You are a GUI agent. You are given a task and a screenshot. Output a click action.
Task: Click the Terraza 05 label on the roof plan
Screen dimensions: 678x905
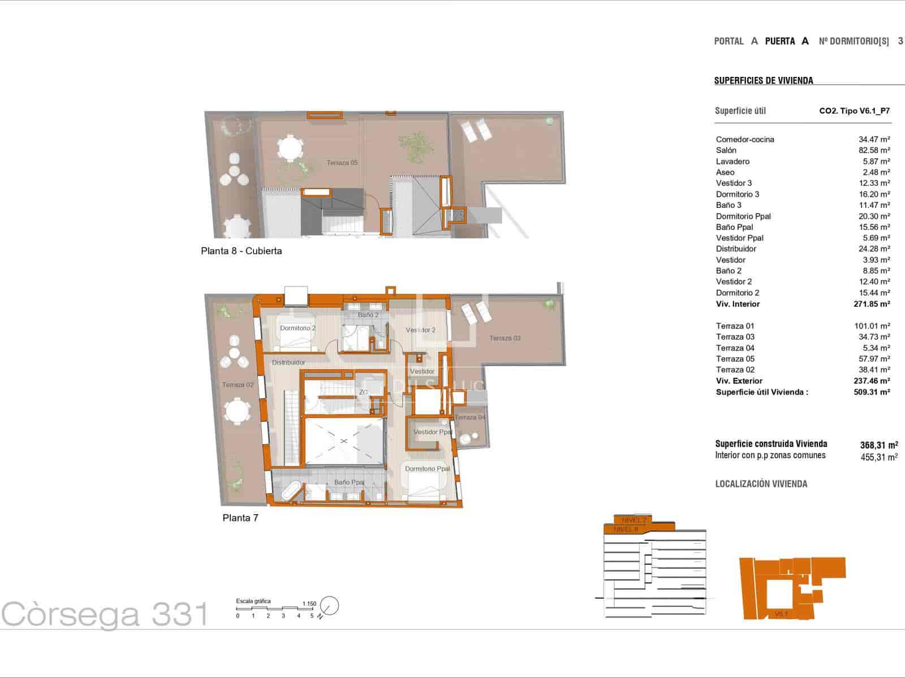tap(342, 163)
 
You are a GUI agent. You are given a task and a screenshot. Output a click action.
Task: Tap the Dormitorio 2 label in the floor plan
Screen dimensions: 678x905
tap(298, 328)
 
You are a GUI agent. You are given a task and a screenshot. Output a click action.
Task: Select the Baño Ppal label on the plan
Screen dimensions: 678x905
tap(349, 483)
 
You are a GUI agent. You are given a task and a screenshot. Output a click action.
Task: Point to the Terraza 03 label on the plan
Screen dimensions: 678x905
tap(505, 338)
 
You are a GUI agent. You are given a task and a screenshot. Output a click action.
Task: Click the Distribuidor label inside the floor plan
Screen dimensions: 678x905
tap(288, 363)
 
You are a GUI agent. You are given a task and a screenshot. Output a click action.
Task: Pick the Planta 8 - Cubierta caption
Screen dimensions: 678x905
tap(241, 251)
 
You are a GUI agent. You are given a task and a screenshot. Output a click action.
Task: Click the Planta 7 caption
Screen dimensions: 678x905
tap(240, 518)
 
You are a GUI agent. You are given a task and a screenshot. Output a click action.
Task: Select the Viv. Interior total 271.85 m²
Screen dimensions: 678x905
tap(872, 304)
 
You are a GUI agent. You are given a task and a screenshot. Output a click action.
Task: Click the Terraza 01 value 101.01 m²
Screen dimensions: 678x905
tap(872, 326)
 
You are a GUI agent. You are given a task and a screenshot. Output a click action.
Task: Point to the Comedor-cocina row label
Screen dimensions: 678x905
tap(745, 140)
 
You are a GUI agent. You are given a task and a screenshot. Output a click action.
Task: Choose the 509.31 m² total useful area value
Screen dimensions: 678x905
tap(872, 392)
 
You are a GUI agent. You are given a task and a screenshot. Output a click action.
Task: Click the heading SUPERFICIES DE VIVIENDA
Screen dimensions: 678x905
tap(764, 81)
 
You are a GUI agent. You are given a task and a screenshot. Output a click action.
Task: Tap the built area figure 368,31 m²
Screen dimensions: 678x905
tap(878, 445)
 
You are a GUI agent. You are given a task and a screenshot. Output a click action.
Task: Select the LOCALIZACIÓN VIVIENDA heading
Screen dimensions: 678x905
tap(761, 484)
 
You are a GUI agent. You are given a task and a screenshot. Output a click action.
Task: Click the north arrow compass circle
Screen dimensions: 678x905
tap(329, 606)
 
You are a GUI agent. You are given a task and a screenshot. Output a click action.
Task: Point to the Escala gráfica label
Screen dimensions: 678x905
tap(253, 601)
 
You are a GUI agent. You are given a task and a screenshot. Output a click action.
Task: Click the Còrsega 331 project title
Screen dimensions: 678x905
tap(105, 614)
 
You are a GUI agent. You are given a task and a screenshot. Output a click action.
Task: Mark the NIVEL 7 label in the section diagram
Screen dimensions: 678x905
tap(633, 520)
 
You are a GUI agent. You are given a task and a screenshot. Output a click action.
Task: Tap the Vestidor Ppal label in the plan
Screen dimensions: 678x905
tap(433, 432)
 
